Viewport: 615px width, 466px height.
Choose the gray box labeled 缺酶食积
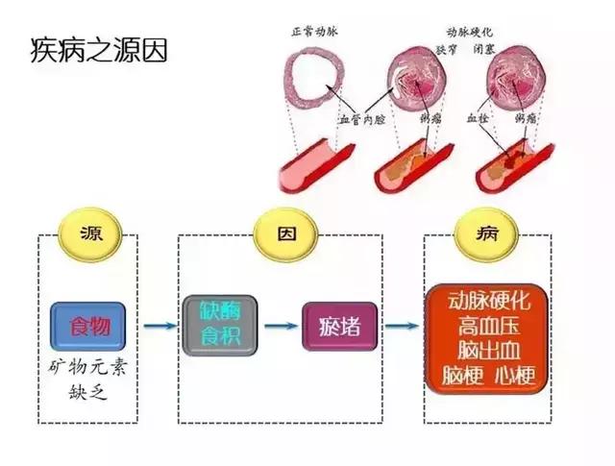218,325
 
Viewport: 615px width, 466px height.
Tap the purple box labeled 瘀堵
339,326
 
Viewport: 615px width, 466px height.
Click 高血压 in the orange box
487,324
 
